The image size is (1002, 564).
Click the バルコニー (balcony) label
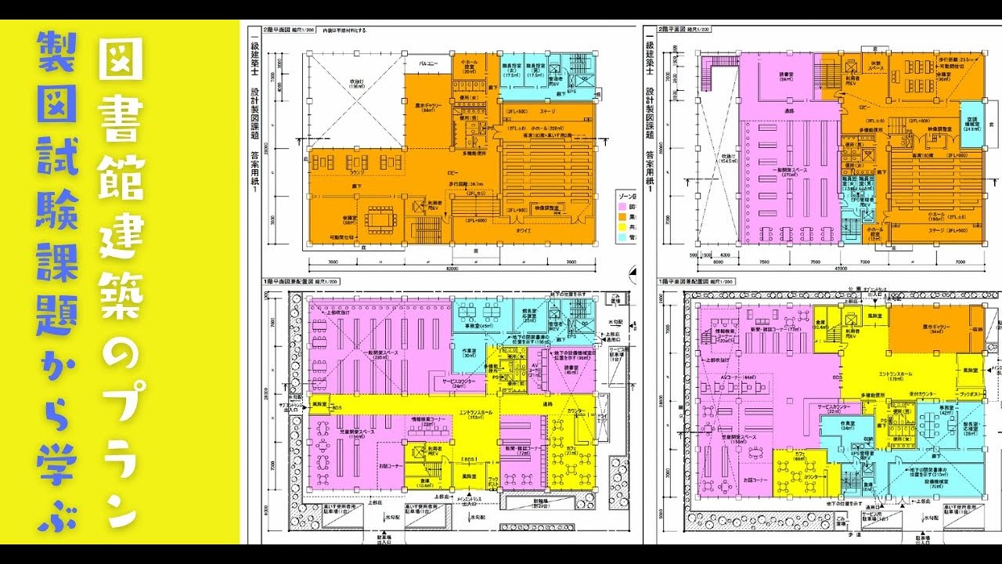(x=427, y=62)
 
